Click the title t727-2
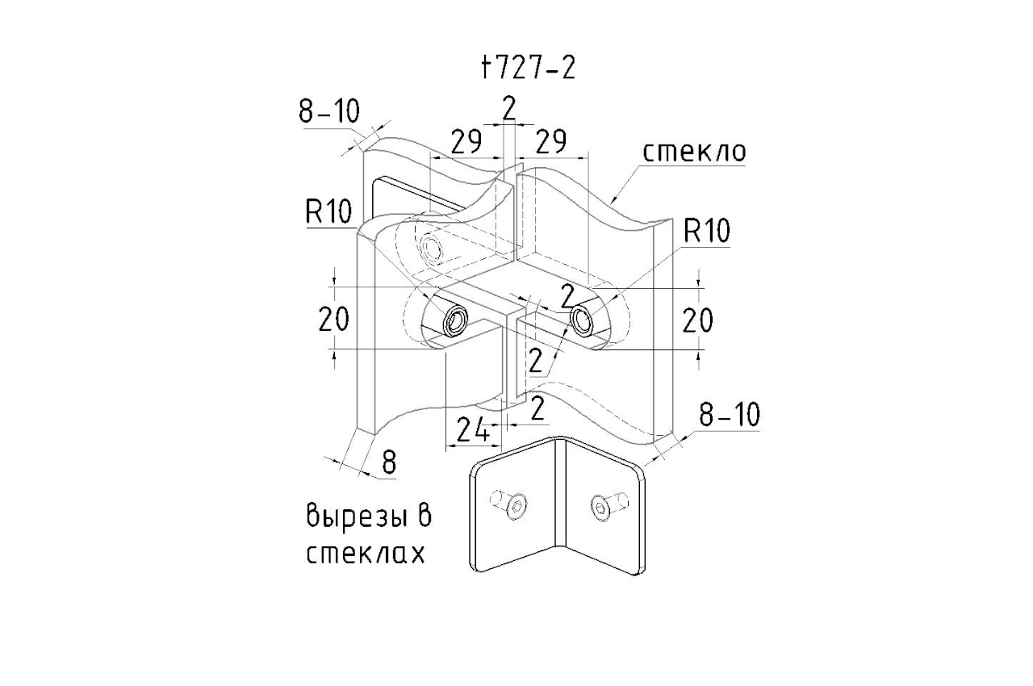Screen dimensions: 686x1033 pos(528,69)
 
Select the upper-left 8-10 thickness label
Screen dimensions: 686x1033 pos(329,112)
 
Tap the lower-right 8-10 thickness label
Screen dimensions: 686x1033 pos(729,415)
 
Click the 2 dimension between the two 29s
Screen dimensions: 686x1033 pos(508,108)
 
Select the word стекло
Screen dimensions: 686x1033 pos(694,153)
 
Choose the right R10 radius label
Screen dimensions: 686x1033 pos(706,232)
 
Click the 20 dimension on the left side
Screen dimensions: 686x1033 pos(333,320)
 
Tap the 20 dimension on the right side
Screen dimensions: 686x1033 pos(698,321)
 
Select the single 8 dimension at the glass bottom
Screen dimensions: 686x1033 pos(389,462)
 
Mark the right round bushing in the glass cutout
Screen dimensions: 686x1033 pos(582,320)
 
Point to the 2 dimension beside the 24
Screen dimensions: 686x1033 pos(537,410)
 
